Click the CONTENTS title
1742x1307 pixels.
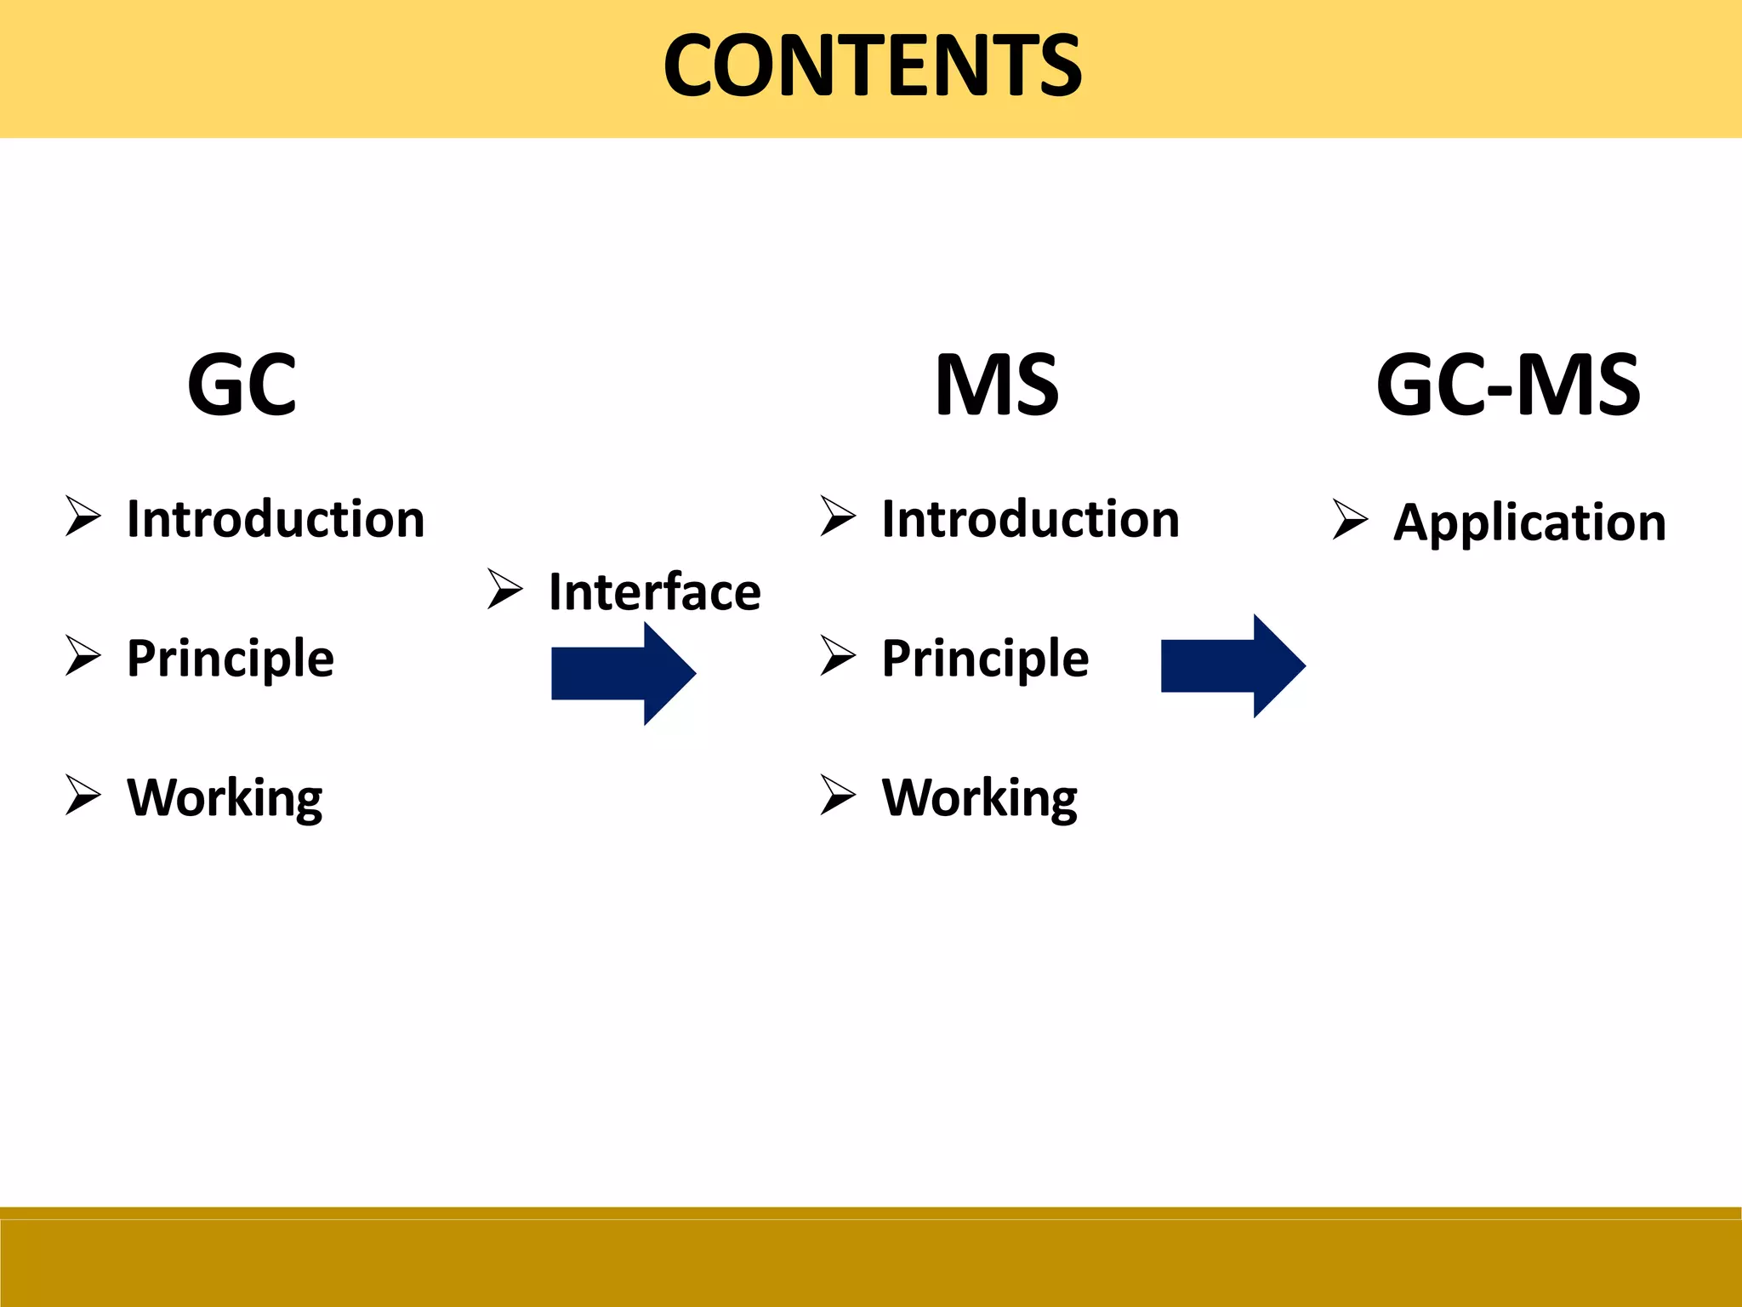pyautogui.click(x=872, y=66)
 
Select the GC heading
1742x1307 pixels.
pyautogui.click(x=242, y=385)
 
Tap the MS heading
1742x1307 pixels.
pyautogui.click(x=997, y=385)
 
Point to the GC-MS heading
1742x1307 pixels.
pyautogui.click(x=1508, y=385)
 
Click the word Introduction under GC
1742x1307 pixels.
pyautogui.click(x=276, y=519)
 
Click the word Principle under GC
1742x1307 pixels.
pyautogui.click(x=231, y=659)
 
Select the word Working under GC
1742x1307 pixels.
pyautogui.click(x=225, y=798)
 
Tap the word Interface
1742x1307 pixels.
pyautogui.click(x=654, y=592)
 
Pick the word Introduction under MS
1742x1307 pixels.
pyautogui.click(x=1031, y=519)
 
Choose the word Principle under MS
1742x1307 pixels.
pyautogui.click(x=985, y=659)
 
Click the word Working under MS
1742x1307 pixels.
pyautogui.click(x=980, y=798)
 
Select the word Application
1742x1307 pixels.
pyautogui.click(x=1529, y=522)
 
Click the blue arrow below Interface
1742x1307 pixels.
pyautogui.click(x=623, y=673)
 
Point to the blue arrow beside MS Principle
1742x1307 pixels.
pyautogui.click(x=1232, y=665)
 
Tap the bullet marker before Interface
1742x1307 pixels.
pyautogui.click(x=504, y=590)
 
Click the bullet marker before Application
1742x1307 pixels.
pyautogui.click(x=1350, y=520)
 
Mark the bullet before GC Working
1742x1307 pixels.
pyautogui.click(x=83, y=796)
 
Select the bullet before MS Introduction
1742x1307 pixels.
pyautogui.click(x=838, y=517)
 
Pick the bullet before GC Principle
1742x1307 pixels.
pyautogui.click(x=83, y=656)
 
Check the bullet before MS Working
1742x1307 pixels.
pyautogui.click(x=838, y=796)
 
